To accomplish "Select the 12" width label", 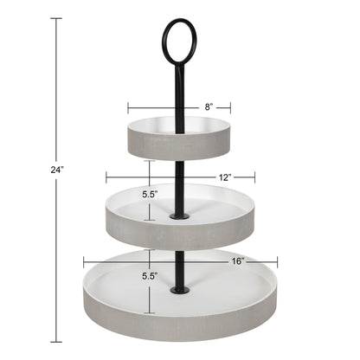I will (x=224, y=177).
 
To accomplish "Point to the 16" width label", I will (x=237, y=260).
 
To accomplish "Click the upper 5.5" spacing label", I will (x=151, y=195).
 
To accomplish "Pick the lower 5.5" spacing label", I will (x=151, y=276).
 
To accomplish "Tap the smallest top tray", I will (x=180, y=139).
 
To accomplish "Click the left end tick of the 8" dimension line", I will (x=129, y=108).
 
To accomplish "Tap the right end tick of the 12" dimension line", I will (x=255, y=177).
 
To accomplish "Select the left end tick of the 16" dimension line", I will (x=84, y=260).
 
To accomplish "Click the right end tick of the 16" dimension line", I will (x=278, y=260).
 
